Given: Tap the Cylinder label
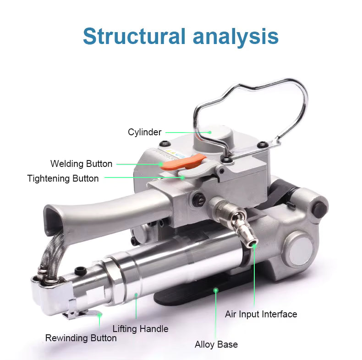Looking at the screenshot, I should (x=144, y=133).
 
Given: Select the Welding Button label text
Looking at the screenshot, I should (x=81, y=164).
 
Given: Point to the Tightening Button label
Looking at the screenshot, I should (x=63, y=178).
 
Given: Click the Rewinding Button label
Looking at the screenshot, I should (x=81, y=338).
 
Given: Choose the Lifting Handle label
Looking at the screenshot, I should (x=140, y=329).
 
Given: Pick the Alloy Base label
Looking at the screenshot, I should (x=216, y=344).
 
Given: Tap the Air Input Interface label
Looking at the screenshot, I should (x=261, y=314).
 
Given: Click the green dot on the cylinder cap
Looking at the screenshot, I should (x=210, y=132).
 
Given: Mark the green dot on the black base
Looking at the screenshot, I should (x=215, y=290).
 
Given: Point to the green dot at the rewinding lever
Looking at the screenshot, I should (x=99, y=316).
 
